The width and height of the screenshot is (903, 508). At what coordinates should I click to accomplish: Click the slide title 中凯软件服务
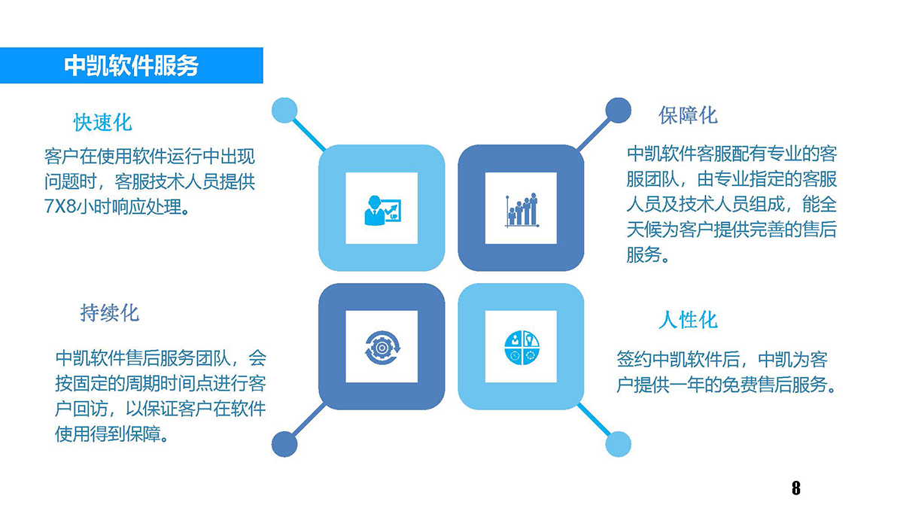131,65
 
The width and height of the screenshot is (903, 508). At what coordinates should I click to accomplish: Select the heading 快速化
103,122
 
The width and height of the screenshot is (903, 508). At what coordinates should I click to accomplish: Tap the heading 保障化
688,115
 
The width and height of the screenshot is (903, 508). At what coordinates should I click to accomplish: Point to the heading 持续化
109,313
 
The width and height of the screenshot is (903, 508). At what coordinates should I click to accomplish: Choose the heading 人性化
688,320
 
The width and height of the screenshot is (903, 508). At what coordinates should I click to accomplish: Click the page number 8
796,488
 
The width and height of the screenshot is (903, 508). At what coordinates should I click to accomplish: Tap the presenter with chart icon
382,211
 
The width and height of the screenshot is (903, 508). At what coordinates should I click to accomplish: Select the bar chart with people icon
521,210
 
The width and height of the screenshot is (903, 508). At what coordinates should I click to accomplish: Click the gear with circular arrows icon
382,348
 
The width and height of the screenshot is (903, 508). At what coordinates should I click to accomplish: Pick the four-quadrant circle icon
521,348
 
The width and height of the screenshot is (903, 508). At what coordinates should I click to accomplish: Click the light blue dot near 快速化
284,110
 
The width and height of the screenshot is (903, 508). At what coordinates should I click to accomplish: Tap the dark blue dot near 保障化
619,110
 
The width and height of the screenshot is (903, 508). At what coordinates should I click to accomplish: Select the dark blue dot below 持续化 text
284,444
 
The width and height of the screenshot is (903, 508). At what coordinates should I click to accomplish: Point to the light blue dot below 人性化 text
619,444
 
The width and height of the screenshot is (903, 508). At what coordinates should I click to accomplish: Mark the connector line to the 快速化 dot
309,135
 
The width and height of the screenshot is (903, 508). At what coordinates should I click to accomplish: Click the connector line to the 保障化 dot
594,135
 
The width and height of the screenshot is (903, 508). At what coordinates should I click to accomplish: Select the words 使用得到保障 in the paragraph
108,434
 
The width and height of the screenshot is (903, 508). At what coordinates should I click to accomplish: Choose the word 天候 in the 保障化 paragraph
644,230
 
